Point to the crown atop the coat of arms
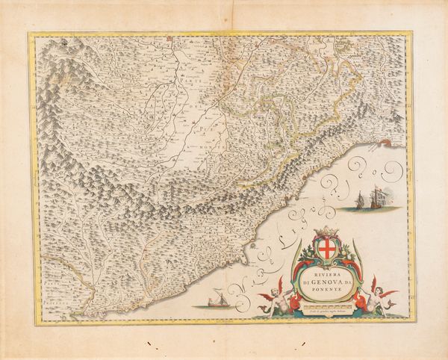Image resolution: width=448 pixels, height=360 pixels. [x=326, y=232]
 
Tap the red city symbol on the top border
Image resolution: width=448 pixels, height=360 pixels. [x=170, y=34]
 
